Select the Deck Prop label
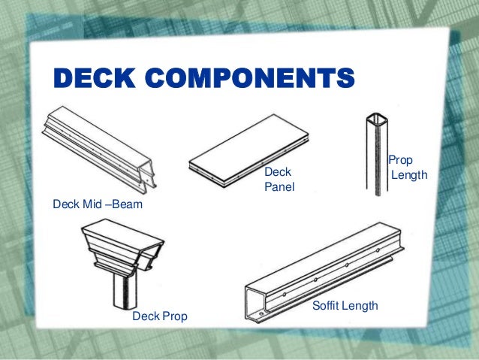[x=159, y=317]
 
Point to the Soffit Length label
[x=345, y=307]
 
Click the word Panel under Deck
[x=279, y=187]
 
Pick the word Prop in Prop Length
[x=400, y=161]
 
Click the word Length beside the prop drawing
[x=410, y=175]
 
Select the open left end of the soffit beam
[x=255, y=299]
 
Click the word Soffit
[x=327, y=307]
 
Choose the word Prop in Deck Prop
[x=173, y=317]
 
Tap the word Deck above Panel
[x=277, y=173]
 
